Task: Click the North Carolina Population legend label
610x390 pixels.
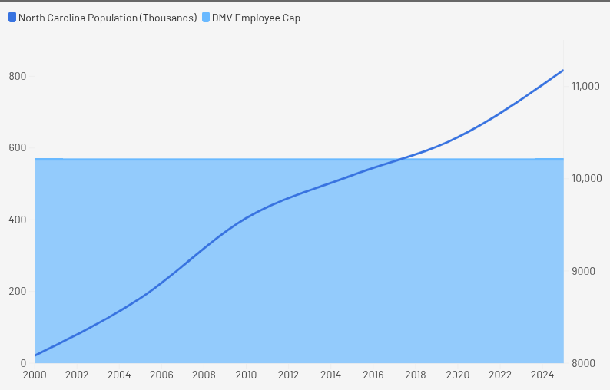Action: pyautogui.click(x=108, y=18)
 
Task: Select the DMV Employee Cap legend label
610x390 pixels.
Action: pyautogui.click(x=256, y=18)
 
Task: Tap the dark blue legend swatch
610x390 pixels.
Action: pyautogui.click(x=12, y=17)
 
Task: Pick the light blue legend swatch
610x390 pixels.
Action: pyautogui.click(x=206, y=17)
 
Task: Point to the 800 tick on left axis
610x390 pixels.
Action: pyautogui.click(x=18, y=76)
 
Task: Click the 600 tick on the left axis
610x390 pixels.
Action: pyautogui.click(x=18, y=147)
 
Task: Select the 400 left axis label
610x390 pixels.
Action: pyautogui.click(x=18, y=220)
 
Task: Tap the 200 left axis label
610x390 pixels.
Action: pyautogui.click(x=18, y=291)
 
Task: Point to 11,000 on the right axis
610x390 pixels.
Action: pyautogui.click(x=585, y=86)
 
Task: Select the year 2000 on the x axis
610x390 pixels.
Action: pyautogui.click(x=35, y=375)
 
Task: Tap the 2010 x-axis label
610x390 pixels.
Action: pyautogui.click(x=246, y=375)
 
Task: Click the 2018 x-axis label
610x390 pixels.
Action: pyautogui.click(x=416, y=375)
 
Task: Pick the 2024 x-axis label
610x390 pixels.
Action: pyautogui.click(x=542, y=375)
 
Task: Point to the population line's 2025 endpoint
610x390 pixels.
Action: pyautogui.click(x=563, y=71)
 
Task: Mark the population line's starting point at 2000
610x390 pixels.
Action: pyautogui.click(x=35, y=356)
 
